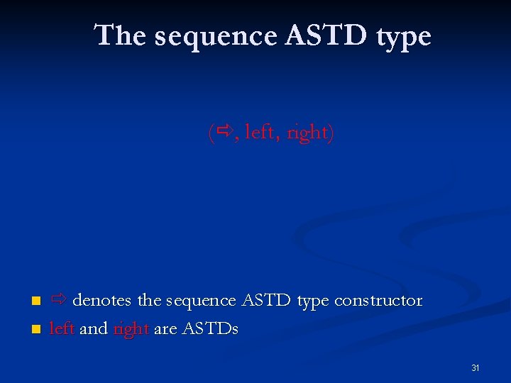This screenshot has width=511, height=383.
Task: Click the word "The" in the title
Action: pyautogui.click(x=120, y=35)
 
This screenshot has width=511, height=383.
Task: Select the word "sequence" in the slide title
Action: pyautogui.click(x=215, y=36)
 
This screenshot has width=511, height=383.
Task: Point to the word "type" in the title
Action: pyautogui.click(x=402, y=38)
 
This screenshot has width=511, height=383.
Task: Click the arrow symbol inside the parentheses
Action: pyautogui.click(x=226, y=131)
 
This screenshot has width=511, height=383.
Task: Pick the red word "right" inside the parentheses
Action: pyautogui.click(x=307, y=133)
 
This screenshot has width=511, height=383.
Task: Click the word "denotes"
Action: pyautogui.click(x=101, y=301)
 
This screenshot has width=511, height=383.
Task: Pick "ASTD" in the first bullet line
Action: pyautogui.click(x=267, y=300)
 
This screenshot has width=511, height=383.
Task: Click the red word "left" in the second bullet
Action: pyautogui.click(x=62, y=328)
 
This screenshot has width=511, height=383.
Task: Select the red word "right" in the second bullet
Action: pyautogui.click(x=131, y=330)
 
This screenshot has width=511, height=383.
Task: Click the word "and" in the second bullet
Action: pyautogui.click(x=94, y=328)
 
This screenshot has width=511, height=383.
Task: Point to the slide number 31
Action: pyautogui.click(x=476, y=368)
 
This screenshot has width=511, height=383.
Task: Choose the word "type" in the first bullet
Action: pyautogui.click(x=313, y=302)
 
